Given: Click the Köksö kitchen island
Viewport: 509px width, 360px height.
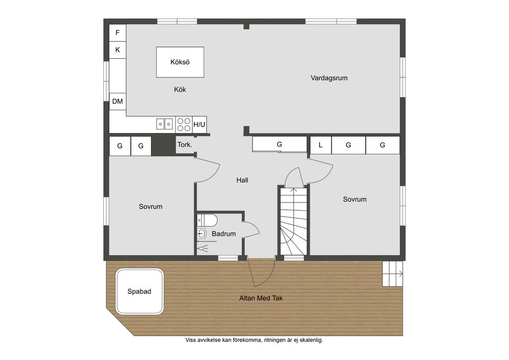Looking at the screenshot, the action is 180,62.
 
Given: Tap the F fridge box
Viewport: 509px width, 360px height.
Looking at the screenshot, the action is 117,33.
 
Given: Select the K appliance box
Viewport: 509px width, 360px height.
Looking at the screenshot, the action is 117,50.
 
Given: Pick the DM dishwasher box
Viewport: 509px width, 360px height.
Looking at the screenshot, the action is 117,101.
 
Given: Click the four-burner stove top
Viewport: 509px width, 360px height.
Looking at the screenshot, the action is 184,125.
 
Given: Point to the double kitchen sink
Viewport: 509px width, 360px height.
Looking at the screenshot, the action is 165,124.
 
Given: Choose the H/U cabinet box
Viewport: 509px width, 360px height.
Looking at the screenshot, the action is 199,125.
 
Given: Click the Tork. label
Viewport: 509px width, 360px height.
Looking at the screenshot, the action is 185,145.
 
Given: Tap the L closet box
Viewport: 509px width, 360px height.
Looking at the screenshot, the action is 321,145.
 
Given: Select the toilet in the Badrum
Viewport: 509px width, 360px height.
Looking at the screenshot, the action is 207,220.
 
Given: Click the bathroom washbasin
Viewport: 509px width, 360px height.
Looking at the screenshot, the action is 202,233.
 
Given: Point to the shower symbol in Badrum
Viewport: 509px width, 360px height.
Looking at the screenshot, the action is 203,249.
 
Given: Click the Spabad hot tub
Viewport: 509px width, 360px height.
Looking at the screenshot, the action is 140,291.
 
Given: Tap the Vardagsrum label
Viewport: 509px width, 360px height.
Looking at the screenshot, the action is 329,78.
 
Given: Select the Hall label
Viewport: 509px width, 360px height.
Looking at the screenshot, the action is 242,180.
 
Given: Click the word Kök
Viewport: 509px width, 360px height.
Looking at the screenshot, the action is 180,90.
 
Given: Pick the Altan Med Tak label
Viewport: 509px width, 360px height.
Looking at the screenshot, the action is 261,298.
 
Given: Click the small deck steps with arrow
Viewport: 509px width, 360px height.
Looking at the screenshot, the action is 393,273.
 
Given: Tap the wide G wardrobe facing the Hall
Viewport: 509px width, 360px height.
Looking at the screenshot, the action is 279,144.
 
